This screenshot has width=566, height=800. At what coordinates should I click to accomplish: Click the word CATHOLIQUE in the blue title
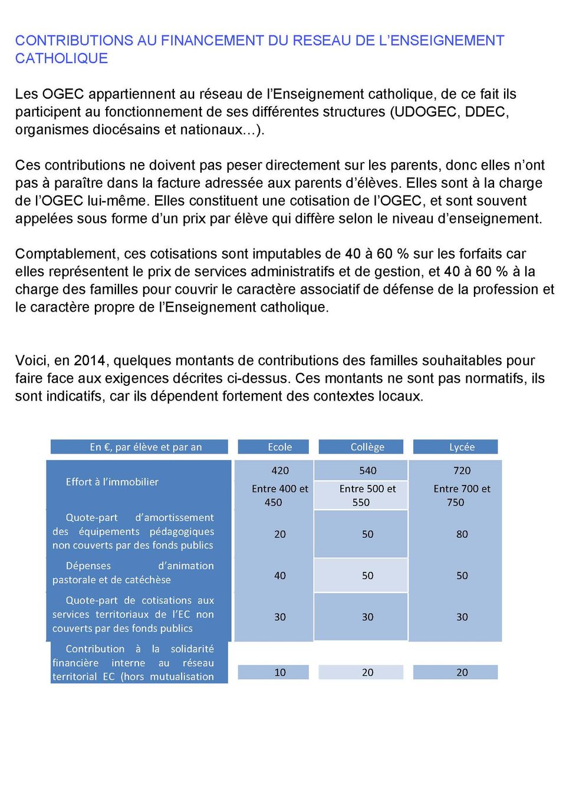point(61,58)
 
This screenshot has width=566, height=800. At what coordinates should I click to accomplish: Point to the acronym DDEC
point(486,112)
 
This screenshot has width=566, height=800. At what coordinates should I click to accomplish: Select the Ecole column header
point(279,447)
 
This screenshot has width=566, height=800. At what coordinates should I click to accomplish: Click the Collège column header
point(367,447)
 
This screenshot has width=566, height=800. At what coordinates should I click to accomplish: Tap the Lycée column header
point(462,447)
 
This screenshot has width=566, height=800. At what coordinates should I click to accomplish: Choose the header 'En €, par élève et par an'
point(146,447)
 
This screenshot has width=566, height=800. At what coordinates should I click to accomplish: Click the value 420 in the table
point(280,471)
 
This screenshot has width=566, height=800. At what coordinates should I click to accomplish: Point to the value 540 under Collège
point(367,471)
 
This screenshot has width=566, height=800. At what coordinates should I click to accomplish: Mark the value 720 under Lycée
point(462,471)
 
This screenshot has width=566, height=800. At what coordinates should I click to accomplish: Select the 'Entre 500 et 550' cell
point(367,495)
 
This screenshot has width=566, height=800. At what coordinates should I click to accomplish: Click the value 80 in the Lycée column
point(462,534)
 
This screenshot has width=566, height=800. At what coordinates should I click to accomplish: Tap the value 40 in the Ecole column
point(280,576)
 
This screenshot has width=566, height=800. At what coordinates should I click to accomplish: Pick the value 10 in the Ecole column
point(280,672)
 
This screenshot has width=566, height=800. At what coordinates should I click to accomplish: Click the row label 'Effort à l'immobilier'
point(112,482)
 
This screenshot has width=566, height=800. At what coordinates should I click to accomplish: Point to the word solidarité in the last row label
point(192,649)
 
